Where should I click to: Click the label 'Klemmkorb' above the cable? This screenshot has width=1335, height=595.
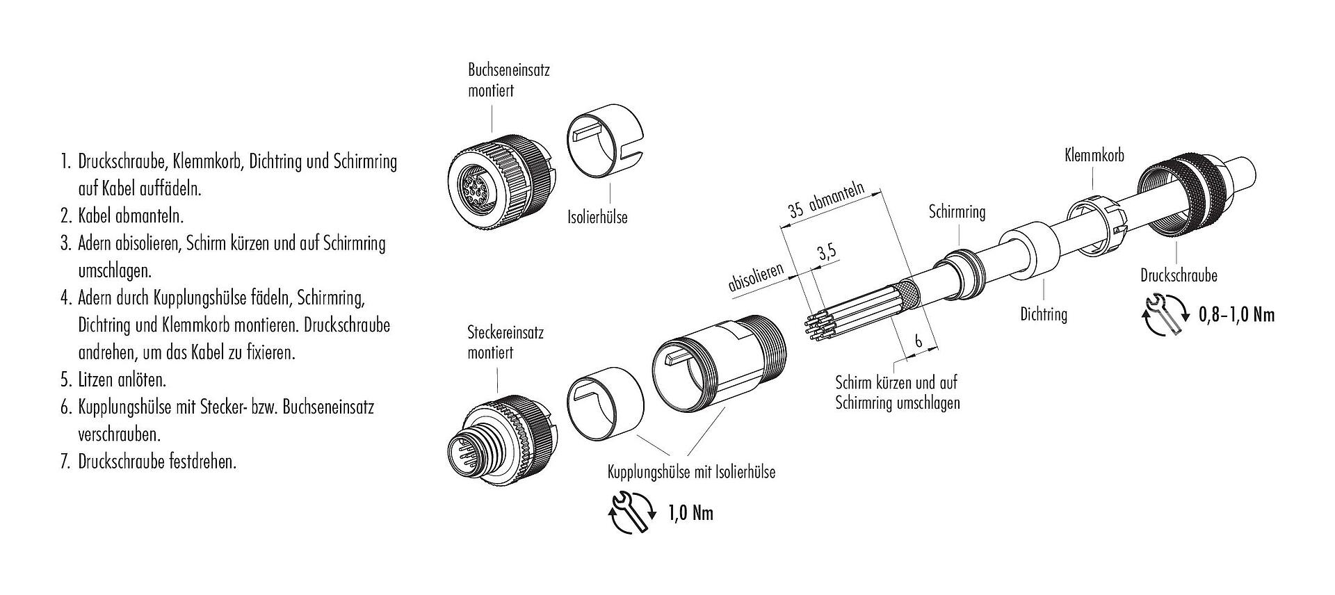point(1094,156)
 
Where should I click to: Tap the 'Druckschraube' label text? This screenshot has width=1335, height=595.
point(1179,275)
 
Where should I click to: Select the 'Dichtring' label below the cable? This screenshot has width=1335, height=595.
point(1043,314)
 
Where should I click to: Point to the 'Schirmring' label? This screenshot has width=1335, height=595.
point(957,212)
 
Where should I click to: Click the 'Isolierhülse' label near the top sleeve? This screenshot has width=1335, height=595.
point(597,217)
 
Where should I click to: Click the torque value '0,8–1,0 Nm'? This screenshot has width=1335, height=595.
point(1236,315)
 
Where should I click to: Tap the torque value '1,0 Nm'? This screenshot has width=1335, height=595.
point(690,514)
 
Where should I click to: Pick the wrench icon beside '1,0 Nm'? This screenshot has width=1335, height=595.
point(632,514)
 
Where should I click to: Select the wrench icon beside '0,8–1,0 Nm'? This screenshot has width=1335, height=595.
point(1164,315)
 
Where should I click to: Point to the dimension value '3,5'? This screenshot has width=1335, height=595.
point(827,252)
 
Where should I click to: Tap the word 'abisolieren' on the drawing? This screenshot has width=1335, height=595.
point(756,277)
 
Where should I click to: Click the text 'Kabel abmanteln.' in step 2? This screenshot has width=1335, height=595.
point(131,215)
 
